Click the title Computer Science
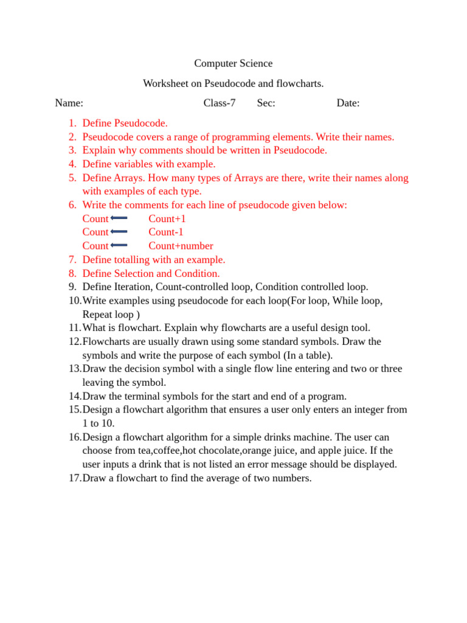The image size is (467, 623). (233, 63)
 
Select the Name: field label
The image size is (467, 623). (69, 103)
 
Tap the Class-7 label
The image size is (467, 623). (219, 103)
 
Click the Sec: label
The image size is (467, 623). (266, 103)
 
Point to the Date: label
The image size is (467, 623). (348, 103)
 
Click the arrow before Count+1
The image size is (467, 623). (119, 218)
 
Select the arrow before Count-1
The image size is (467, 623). (119, 232)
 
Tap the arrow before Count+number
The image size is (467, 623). (119, 246)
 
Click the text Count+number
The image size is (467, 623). (181, 246)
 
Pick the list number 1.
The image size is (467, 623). (72, 124)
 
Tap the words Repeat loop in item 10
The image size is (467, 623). (108, 315)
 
